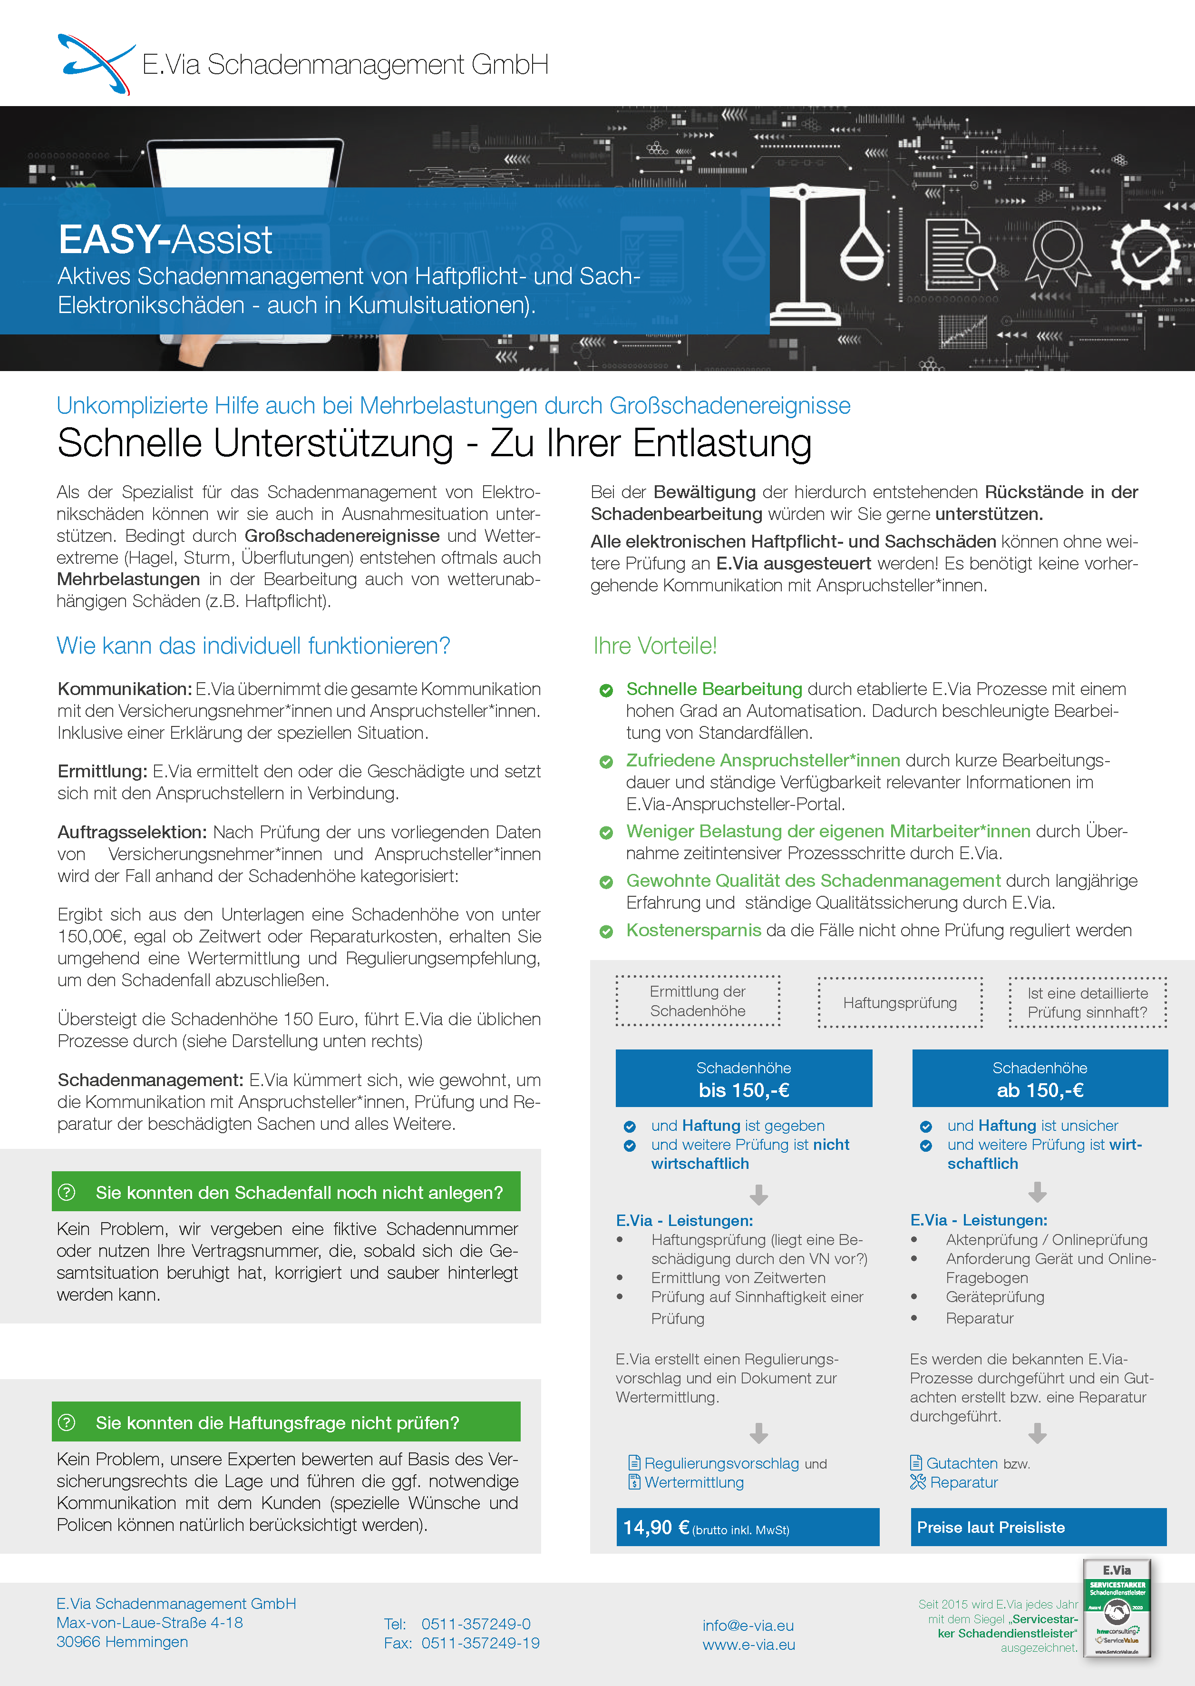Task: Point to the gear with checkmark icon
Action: (x=1146, y=255)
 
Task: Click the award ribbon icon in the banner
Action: (x=1058, y=255)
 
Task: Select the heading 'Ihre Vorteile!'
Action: (x=655, y=646)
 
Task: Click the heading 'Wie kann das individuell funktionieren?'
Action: (x=253, y=646)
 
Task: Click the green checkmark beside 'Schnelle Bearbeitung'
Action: (x=606, y=691)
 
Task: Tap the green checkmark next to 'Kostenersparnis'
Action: (x=606, y=931)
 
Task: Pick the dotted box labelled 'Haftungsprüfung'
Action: (x=900, y=1003)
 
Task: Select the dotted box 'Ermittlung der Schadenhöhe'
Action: (x=698, y=1001)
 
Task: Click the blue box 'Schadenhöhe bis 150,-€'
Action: (x=743, y=1078)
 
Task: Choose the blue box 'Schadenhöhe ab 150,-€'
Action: (x=1040, y=1078)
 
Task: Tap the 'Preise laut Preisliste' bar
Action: (x=991, y=1528)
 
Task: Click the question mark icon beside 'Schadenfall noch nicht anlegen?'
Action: (x=67, y=1192)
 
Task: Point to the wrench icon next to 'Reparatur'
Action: (x=918, y=1482)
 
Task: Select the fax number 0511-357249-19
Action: (x=480, y=1643)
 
